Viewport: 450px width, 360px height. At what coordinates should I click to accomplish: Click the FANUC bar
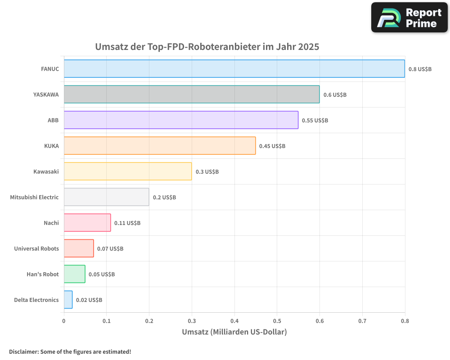coord(234,69)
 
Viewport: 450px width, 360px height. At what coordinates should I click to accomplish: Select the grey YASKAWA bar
coord(191,94)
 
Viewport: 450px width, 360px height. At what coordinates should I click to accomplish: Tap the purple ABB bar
coord(181,120)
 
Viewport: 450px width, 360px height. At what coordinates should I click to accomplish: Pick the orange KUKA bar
coord(160,146)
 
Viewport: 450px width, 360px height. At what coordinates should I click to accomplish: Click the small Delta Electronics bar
coord(68,300)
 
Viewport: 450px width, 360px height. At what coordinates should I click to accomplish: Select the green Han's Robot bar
coord(74,274)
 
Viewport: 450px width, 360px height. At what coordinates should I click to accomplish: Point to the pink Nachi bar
coord(87,223)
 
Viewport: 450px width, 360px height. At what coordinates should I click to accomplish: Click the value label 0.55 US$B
coord(315,121)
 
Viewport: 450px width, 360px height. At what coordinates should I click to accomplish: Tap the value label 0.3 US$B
coord(207,172)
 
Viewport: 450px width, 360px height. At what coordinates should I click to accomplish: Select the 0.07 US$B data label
coord(110,249)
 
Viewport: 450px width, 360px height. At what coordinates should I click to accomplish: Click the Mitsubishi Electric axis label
coord(34,197)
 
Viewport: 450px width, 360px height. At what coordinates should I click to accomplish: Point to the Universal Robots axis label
coord(36,248)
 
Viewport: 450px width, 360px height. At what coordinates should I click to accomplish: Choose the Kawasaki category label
coord(46,171)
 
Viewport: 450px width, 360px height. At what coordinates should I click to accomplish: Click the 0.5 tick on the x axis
coord(277,321)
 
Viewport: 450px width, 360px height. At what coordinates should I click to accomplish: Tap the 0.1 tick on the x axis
coord(107,321)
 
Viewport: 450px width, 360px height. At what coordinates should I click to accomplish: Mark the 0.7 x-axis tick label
coord(362,321)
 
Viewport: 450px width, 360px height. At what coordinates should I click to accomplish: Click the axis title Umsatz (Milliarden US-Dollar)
coord(234,332)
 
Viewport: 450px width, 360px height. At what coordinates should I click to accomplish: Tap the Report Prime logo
coord(409,18)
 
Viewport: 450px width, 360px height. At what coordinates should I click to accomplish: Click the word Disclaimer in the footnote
coord(23,351)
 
